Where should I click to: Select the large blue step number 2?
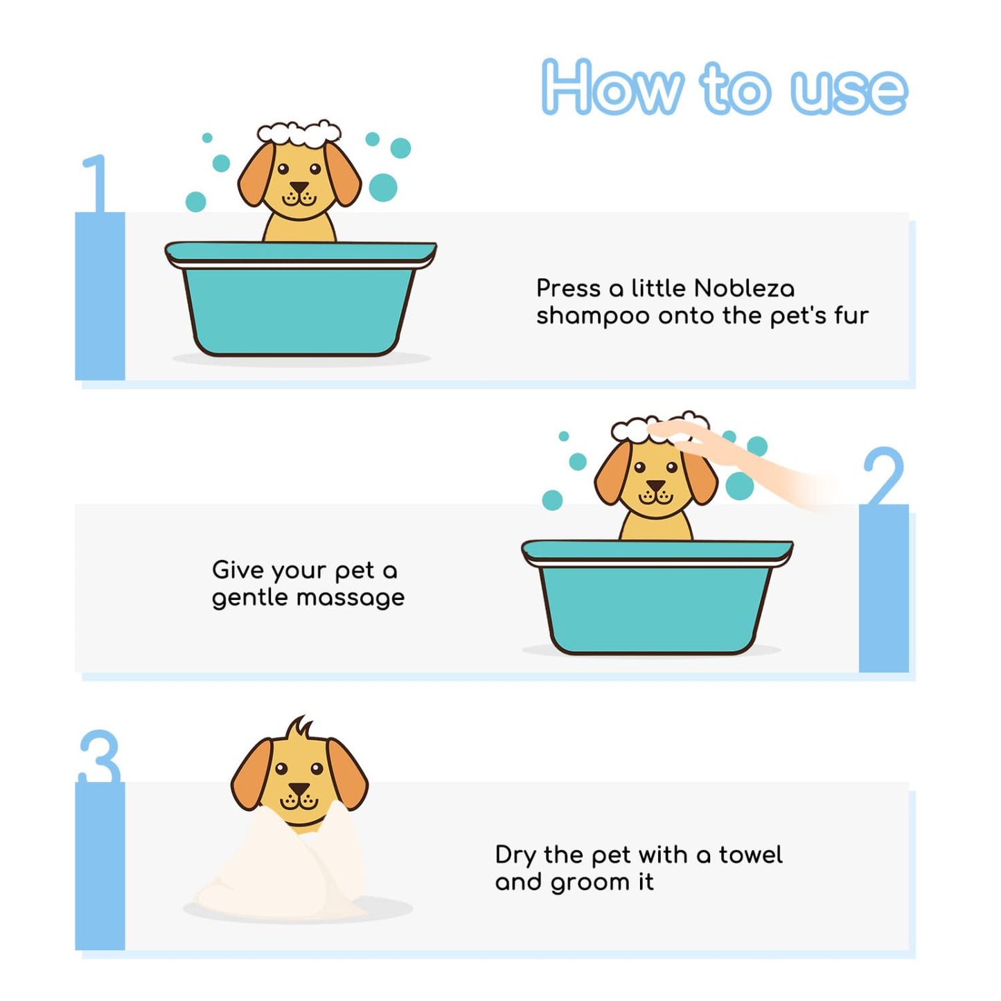click(x=884, y=475)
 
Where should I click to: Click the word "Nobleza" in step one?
click(x=744, y=287)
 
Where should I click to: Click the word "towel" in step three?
click(x=751, y=855)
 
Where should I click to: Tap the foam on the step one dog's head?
click(x=299, y=133)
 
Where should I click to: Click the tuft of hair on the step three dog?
click(x=300, y=727)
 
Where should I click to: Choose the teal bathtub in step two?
click(x=657, y=597)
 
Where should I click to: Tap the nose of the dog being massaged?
click(x=655, y=486)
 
